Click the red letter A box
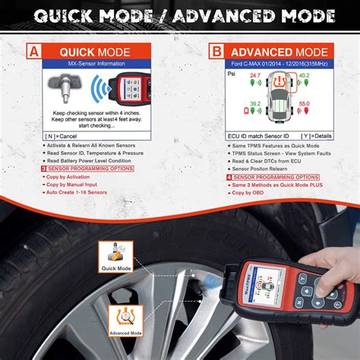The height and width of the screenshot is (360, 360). coord(33,52)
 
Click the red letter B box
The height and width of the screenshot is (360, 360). coord(216,52)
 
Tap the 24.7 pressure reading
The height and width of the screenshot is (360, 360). coord(254,77)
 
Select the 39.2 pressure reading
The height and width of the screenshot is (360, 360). coord(254,104)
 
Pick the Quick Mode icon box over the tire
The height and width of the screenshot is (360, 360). coord(115,259)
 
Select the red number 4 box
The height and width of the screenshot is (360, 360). coord(211,176)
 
